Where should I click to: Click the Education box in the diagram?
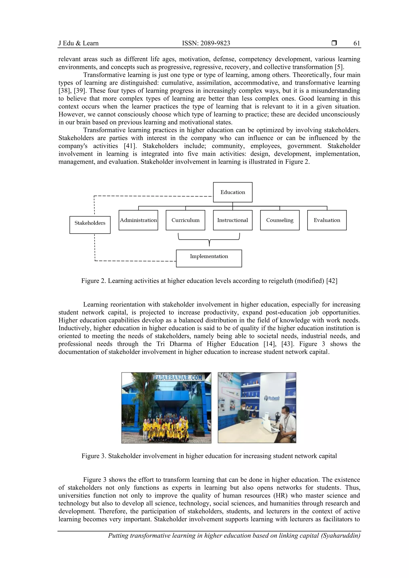[233, 192]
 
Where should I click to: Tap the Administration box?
[138, 220]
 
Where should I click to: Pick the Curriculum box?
[186, 220]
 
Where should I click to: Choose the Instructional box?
[233, 220]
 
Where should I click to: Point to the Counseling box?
[280, 220]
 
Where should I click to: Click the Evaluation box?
[327, 220]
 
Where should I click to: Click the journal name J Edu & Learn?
[78, 43]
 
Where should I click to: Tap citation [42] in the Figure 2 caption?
[332, 281]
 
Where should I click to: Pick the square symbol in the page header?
[334, 43]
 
